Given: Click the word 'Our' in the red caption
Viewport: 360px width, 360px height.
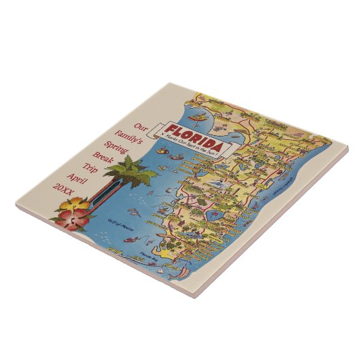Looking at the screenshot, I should pos(140,127).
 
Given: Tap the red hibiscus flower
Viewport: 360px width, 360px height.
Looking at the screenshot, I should pos(73,217).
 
